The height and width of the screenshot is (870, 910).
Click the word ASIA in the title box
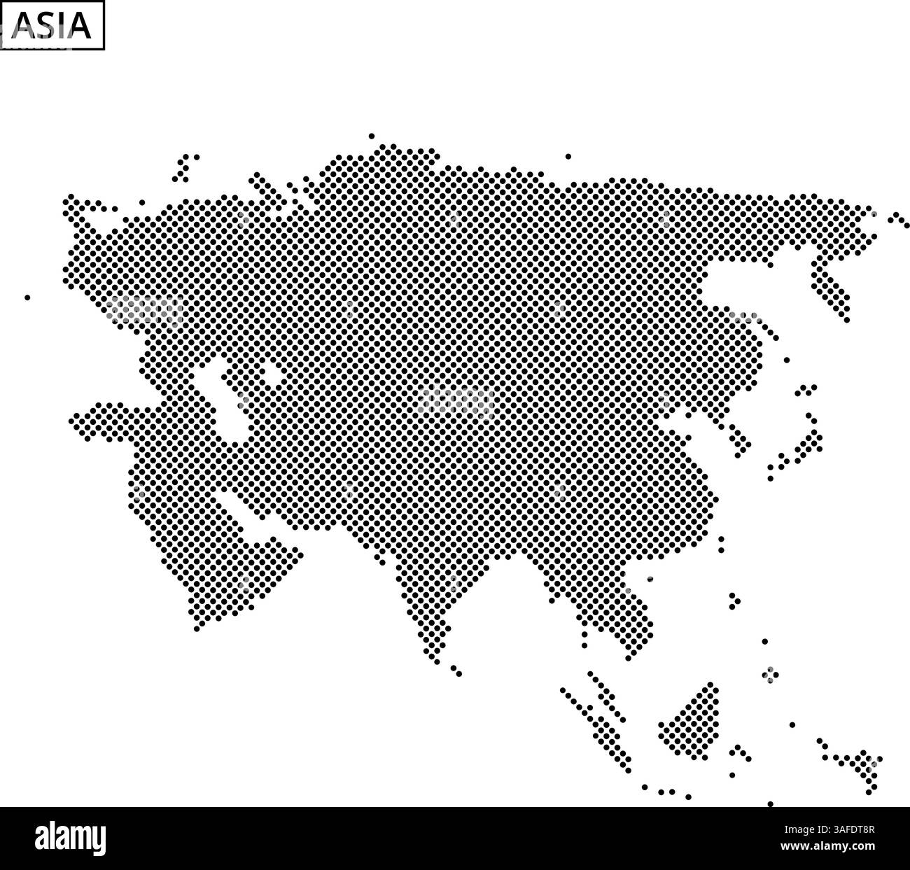click(52, 25)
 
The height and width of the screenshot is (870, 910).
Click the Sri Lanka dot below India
click(456, 671)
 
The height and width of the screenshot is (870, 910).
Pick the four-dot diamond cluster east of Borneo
click(769, 674)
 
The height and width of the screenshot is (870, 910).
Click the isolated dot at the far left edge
click(27, 297)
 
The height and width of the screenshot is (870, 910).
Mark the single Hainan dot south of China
click(650, 579)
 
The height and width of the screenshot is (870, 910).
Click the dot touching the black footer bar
click(771, 804)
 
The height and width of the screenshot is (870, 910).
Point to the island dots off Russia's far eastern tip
click(899, 220)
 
